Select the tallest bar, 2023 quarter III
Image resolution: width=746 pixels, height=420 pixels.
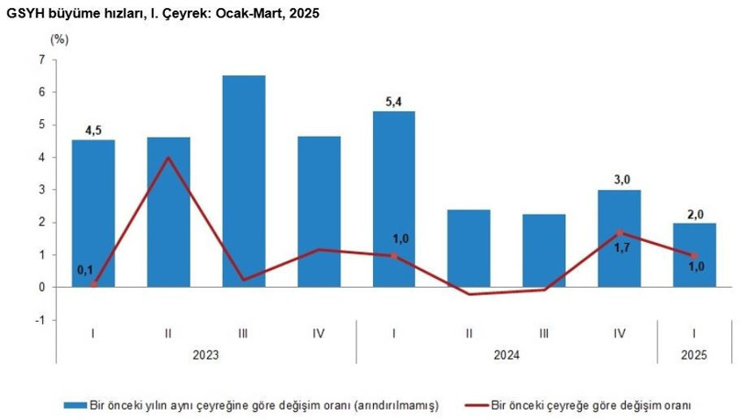click(x=243, y=181)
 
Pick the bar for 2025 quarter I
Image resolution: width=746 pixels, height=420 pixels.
click(x=694, y=254)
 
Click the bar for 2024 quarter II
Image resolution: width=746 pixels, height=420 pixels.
click(x=469, y=248)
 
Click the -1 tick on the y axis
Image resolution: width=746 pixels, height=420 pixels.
click(x=39, y=320)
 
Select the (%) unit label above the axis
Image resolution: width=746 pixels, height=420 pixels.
click(x=59, y=39)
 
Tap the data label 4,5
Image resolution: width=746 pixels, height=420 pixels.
click(x=94, y=131)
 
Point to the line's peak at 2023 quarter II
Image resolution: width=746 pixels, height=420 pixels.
click(x=168, y=158)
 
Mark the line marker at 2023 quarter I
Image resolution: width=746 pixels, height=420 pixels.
click(x=93, y=284)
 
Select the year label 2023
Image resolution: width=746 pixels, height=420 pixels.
click(x=205, y=355)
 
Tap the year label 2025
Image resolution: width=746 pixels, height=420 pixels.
click(x=693, y=355)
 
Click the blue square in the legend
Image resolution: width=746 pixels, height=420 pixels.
click(x=74, y=405)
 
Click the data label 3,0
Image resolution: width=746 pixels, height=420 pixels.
click(x=619, y=181)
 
